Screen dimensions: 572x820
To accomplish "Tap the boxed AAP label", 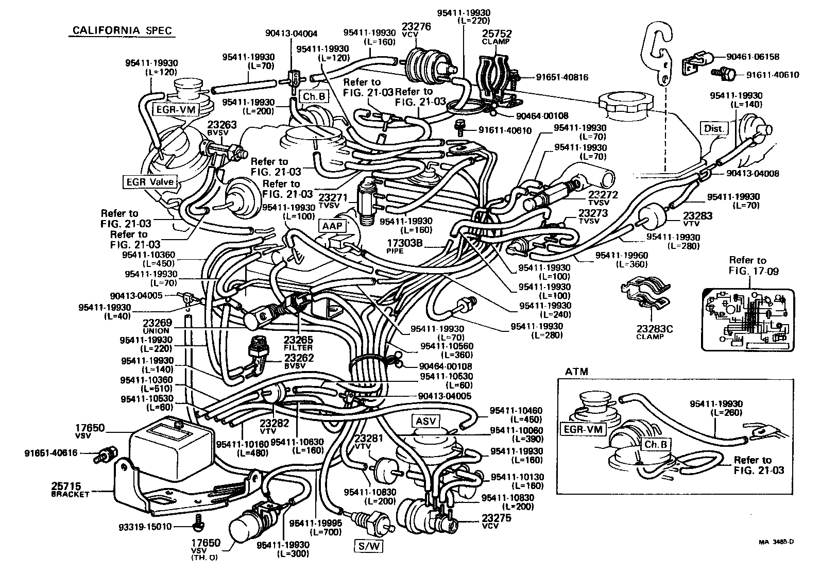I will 332,226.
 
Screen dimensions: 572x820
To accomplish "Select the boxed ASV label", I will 425,421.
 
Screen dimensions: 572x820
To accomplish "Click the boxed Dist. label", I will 714,128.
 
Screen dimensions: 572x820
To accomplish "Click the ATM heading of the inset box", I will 576,371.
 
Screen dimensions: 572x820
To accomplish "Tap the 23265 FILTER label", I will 298,343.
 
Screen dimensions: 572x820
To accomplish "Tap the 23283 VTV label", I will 697,219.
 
